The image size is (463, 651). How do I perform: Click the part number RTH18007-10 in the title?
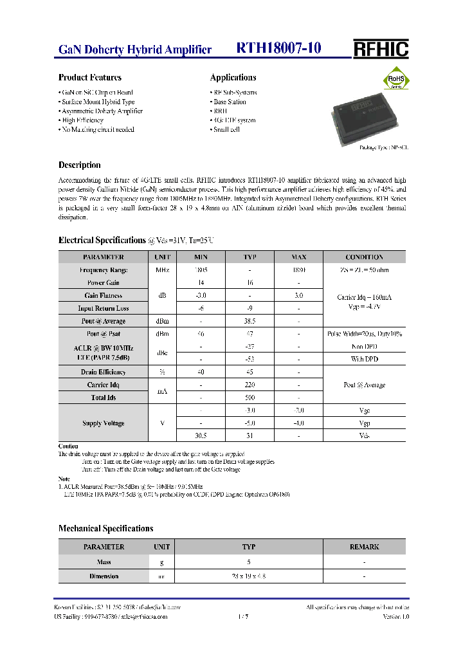(x=278, y=49)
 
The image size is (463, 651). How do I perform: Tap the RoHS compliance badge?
(x=396, y=80)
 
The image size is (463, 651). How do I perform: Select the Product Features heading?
(x=89, y=77)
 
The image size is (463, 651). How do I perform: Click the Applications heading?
(x=233, y=77)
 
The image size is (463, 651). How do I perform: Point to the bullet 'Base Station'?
(x=229, y=102)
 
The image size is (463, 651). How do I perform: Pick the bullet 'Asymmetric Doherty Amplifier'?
(x=101, y=111)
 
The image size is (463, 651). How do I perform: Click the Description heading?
(x=79, y=165)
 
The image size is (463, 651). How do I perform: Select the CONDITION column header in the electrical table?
(x=364, y=257)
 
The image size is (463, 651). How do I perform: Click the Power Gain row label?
(x=104, y=282)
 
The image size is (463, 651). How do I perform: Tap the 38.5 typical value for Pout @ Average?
(x=250, y=321)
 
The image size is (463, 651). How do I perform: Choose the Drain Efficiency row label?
(x=104, y=372)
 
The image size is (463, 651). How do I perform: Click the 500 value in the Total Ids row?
(x=250, y=398)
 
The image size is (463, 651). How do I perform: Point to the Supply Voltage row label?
(x=104, y=423)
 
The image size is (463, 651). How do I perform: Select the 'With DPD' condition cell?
(x=364, y=359)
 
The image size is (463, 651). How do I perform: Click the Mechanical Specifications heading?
(x=105, y=528)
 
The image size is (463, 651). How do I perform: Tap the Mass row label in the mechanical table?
(x=104, y=562)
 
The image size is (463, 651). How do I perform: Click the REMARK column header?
(x=364, y=547)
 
